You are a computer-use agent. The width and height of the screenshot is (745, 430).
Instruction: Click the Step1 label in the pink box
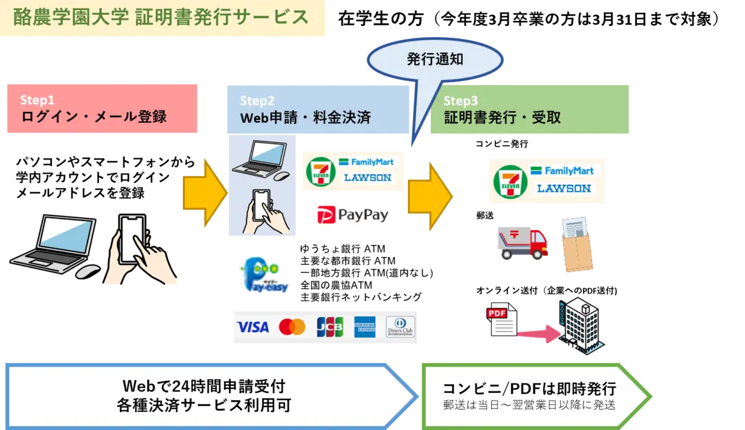click(37, 100)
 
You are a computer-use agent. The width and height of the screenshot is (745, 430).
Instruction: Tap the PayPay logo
click(354, 215)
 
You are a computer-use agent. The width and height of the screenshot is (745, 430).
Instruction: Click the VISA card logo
click(253, 327)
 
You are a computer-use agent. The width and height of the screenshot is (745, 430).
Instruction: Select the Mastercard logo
click(292, 327)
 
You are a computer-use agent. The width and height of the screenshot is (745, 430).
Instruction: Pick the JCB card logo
click(329, 327)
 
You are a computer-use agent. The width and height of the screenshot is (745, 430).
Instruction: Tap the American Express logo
click(365, 327)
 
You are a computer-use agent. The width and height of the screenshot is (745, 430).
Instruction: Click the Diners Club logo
click(400, 327)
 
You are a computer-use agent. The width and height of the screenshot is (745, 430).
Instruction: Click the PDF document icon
click(502, 319)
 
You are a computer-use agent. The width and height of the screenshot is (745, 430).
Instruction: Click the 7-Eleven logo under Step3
click(510, 181)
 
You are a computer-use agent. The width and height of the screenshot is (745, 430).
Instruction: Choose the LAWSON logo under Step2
click(368, 178)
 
